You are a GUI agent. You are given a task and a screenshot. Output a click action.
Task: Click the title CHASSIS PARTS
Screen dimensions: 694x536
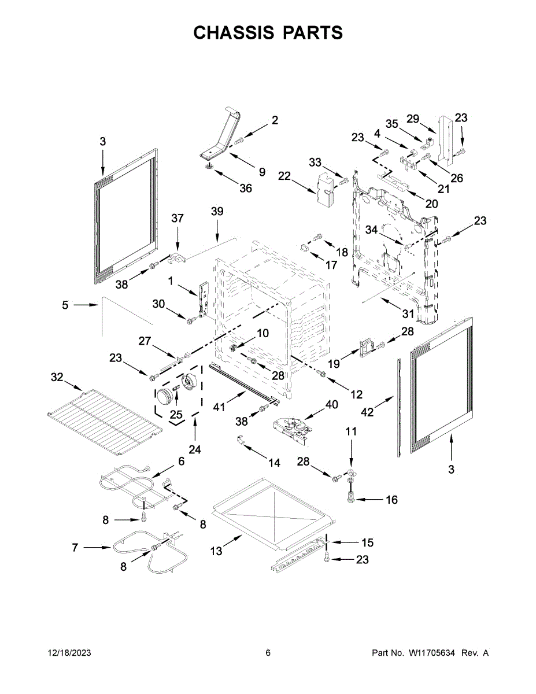coord(268,33)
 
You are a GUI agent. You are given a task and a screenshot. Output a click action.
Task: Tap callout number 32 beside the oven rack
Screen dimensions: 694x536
coord(57,378)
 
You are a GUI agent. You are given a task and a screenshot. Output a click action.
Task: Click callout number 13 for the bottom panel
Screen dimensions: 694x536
coord(216,551)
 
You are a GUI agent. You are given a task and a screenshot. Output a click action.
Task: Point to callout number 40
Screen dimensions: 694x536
coord(331,404)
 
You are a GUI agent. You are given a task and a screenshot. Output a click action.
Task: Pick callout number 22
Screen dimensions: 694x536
coord(283,176)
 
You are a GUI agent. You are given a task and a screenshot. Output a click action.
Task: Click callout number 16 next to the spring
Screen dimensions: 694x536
coord(391,500)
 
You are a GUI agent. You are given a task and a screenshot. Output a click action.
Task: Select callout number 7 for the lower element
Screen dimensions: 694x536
coord(75,547)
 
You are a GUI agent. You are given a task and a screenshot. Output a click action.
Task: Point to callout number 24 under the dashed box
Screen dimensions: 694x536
coord(194,449)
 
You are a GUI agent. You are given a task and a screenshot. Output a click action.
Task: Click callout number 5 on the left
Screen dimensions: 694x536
coord(65,305)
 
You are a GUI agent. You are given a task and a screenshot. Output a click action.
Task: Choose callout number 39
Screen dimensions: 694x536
coord(217,212)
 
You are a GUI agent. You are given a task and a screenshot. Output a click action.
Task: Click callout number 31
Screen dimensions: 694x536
coord(408,314)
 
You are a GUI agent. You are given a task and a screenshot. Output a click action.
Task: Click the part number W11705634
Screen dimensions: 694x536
coord(433,653)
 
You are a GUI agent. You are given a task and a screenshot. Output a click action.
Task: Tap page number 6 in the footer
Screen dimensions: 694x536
coord(268,653)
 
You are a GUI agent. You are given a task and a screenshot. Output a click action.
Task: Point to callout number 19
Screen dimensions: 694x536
coord(334,364)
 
